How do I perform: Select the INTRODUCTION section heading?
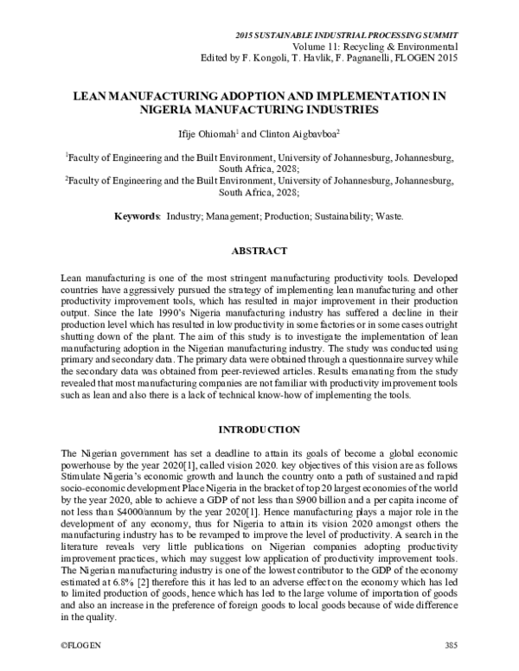tap(259, 430)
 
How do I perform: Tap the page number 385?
tap(450, 645)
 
